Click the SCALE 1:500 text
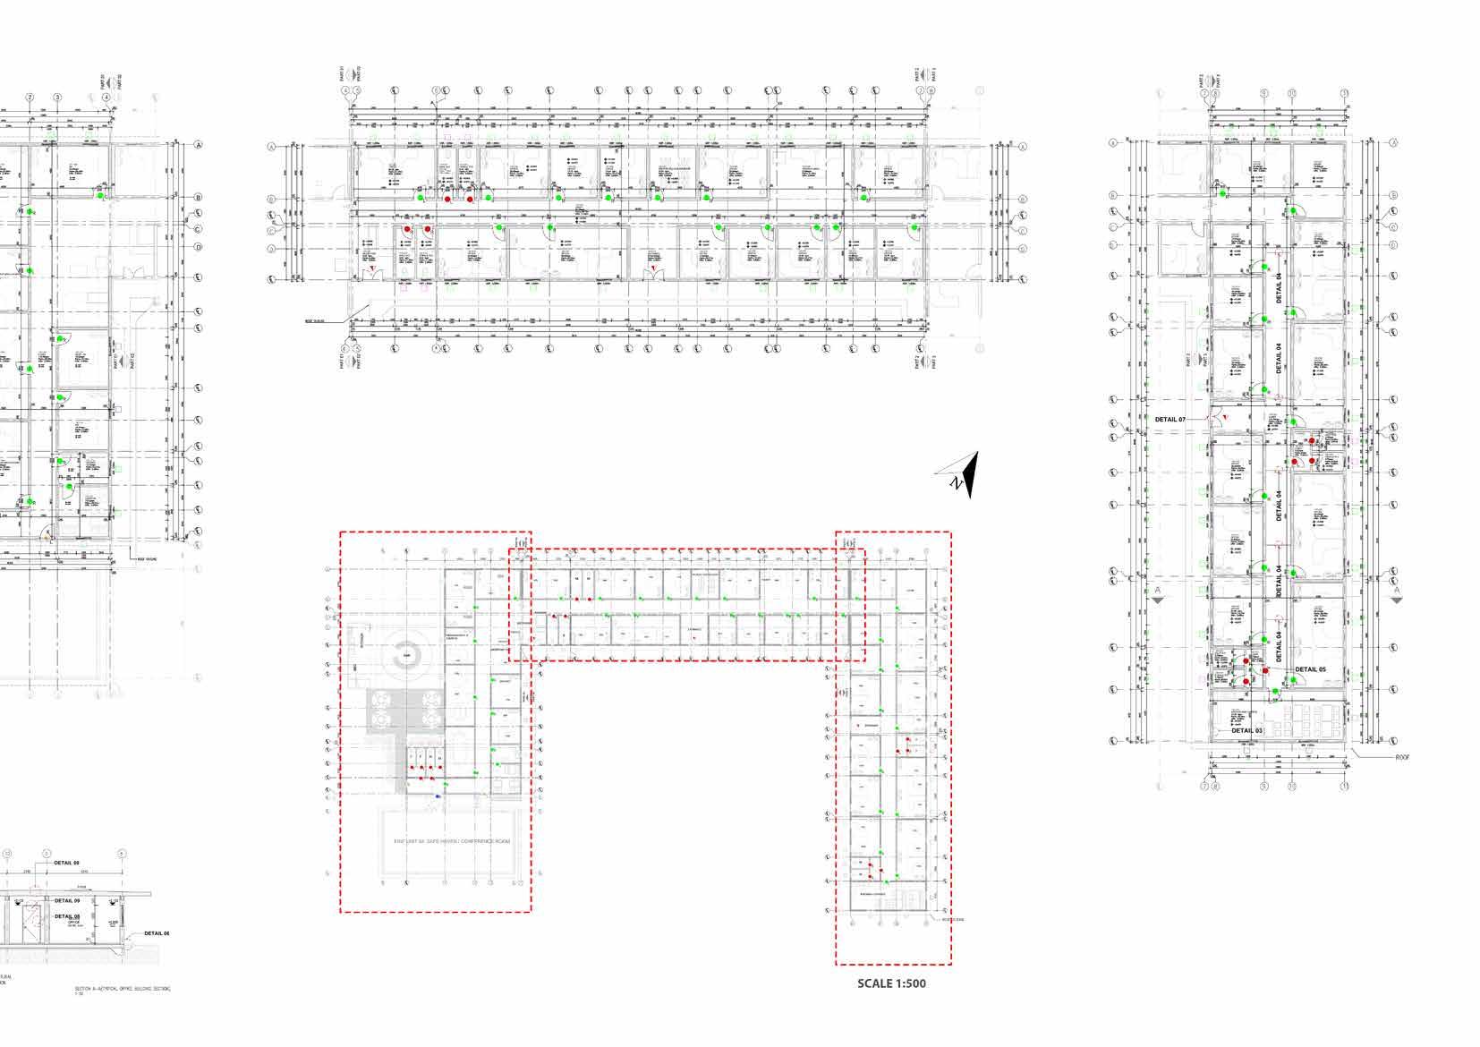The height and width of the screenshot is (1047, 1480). (x=891, y=983)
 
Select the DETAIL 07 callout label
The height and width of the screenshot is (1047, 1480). (x=1170, y=420)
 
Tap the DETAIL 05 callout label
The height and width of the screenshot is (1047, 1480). (x=1311, y=669)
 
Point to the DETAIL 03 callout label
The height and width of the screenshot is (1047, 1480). (x=1246, y=731)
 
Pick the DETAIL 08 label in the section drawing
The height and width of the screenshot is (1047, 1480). (x=67, y=916)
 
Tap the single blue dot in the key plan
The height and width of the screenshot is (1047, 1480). (x=438, y=796)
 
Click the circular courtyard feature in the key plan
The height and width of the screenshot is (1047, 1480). (x=407, y=653)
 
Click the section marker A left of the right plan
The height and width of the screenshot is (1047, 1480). (x=1157, y=593)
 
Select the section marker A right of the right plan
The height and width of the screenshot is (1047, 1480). (x=1397, y=593)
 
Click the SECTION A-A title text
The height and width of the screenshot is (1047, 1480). (x=122, y=989)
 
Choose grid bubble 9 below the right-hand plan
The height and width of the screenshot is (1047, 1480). (x=1264, y=787)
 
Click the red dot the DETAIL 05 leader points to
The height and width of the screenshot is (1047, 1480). (x=1265, y=670)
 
